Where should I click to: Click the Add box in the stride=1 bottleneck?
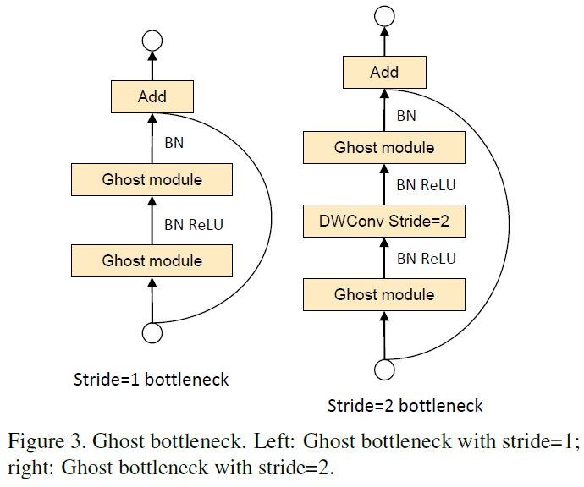[152, 96]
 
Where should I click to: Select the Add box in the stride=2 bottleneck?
[384, 72]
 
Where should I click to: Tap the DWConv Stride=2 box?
[384, 221]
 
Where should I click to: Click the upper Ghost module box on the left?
[152, 180]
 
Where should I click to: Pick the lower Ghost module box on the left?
[152, 260]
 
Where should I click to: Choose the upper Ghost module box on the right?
[384, 147]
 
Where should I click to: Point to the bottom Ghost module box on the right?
[384, 295]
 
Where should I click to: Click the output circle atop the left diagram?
[152, 41]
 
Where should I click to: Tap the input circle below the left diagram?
[152, 333]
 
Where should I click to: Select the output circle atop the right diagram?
[384, 16]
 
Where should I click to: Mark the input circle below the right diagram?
[384, 369]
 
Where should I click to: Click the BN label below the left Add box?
[174, 143]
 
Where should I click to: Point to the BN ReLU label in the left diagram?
[194, 225]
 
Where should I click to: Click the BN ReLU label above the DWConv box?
[426, 185]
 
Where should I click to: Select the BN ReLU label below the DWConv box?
[426, 259]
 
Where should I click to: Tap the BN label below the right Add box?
[406, 116]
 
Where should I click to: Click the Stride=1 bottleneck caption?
[152, 380]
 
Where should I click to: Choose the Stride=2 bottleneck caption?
[405, 406]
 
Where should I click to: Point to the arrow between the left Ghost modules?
[152, 220]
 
